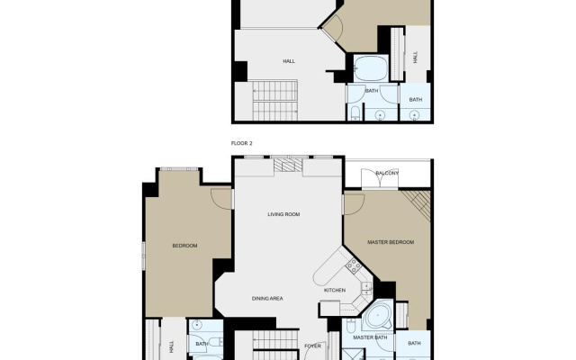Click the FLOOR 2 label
(x=242, y=143)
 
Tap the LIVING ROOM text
(x=283, y=214)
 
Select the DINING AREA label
(x=267, y=299)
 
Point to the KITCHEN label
(x=335, y=290)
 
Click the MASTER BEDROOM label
(x=391, y=242)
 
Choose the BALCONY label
(x=387, y=173)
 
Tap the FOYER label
(x=312, y=346)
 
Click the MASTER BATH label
(x=370, y=337)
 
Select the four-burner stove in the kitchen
(x=354, y=265)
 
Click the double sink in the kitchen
(x=366, y=288)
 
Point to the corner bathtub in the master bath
(x=377, y=315)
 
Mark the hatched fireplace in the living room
(x=288, y=165)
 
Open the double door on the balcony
(x=380, y=179)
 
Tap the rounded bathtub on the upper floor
(x=371, y=68)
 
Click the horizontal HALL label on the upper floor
(x=289, y=61)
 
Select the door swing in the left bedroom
(x=221, y=199)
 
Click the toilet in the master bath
(x=351, y=326)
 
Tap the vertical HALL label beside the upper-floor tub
(x=416, y=58)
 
